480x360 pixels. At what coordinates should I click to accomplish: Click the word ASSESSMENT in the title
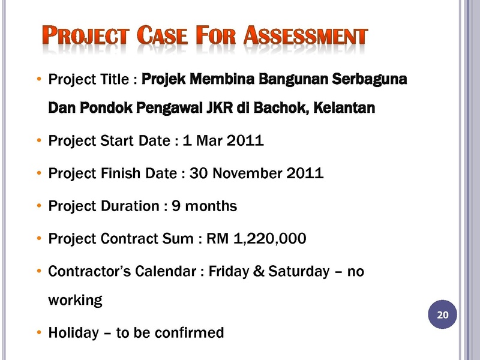point(305,35)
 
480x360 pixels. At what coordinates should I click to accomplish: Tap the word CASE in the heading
point(162,35)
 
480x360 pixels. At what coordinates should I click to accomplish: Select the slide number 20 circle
point(442,314)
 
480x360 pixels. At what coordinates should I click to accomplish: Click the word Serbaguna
point(370,79)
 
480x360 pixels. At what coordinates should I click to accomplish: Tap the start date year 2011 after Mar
point(245,140)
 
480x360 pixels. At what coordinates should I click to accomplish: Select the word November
point(247,173)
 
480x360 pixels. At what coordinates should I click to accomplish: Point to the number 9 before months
point(176,206)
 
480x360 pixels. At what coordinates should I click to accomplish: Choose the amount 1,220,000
point(269,238)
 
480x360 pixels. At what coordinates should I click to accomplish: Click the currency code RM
point(217,238)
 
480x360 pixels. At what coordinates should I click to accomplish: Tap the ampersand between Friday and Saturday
point(259,271)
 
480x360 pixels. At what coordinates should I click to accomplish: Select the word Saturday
point(299,272)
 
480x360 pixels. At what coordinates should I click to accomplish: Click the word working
point(76,301)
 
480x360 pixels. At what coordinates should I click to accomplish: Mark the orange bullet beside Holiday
point(39,332)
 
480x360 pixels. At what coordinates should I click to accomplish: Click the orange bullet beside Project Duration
point(39,205)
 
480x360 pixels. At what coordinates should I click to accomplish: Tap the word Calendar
point(166,271)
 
